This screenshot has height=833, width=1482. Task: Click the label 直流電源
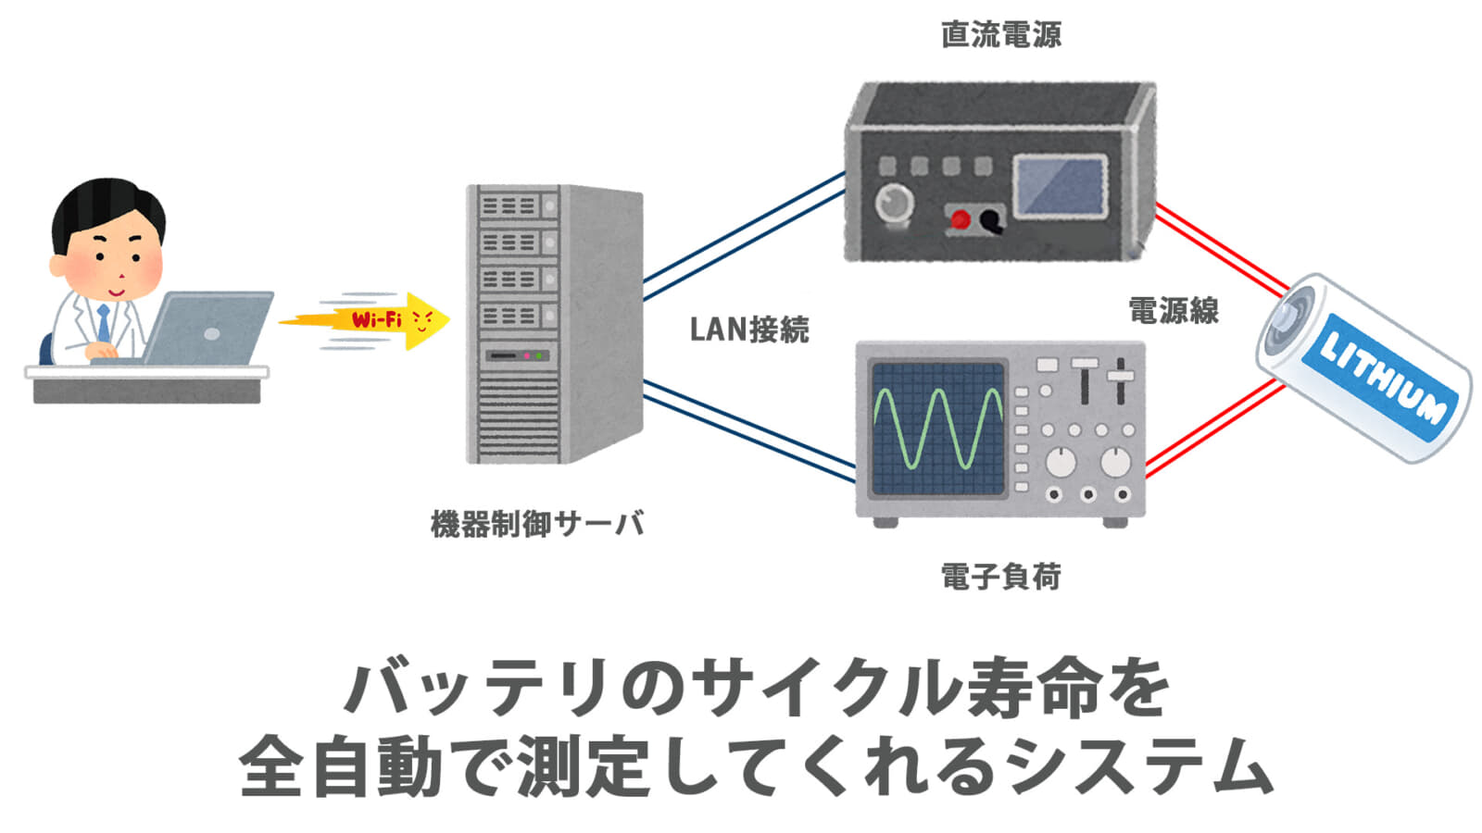pyautogui.click(x=1001, y=34)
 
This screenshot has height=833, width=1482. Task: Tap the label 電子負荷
pyautogui.click(x=1001, y=576)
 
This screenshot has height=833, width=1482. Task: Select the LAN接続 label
pyautogui.click(x=749, y=329)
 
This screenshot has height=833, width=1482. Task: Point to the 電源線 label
pyautogui.click(x=1173, y=310)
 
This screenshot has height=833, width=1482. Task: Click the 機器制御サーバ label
pyautogui.click(x=537, y=524)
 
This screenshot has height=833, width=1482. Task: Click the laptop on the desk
pyautogui.click(x=198, y=329)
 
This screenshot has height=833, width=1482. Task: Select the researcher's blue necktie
pyautogui.click(x=104, y=323)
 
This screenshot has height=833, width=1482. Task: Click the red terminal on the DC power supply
pyautogui.click(x=960, y=220)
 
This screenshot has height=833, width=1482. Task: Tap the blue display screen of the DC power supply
pyautogui.click(x=1061, y=186)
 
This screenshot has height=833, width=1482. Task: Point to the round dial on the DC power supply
pyautogui.click(x=894, y=203)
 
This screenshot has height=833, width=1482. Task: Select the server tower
pyautogui.click(x=555, y=324)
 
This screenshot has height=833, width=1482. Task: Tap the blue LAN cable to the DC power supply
pyautogui.click(x=745, y=236)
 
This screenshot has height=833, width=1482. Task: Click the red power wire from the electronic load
pyautogui.click(x=1214, y=429)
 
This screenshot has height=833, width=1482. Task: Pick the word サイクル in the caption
pyautogui.click(x=828, y=689)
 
